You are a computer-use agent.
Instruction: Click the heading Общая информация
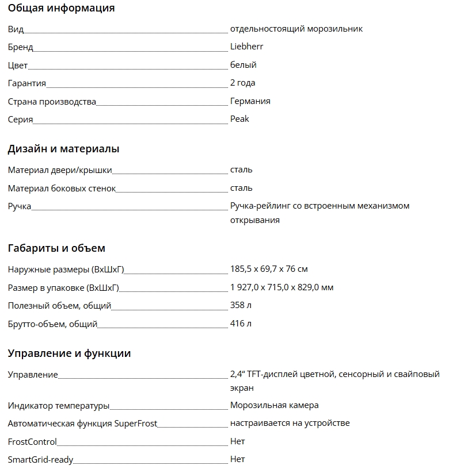[x=61, y=8]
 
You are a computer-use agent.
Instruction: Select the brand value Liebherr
[x=246, y=47]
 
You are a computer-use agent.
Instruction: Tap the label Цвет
[x=18, y=66]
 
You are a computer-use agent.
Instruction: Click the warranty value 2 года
[x=242, y=83]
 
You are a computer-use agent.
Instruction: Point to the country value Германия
[x=250, y=101]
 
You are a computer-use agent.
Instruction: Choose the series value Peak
[x=239, y=119]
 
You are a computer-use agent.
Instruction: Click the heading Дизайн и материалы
[x=63, y=149]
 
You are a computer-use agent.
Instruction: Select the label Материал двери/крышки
[x=60, y=170]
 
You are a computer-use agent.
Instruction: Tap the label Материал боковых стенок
[x=62, y=189]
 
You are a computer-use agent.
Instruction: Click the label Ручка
[x=20, y=206]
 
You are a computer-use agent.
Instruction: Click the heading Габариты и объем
[x=56, y=248]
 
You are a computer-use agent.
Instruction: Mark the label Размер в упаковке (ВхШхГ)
[x=67, y=287]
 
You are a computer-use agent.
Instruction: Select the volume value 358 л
[x=241, y=305]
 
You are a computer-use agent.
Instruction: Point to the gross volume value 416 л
[x=241, y=324]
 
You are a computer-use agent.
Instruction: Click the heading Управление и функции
[x=69, y=353]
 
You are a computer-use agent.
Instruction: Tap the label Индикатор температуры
[x=59, y=406]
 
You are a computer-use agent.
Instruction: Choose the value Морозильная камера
[x=274, y=405]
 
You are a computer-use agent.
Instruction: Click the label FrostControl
[x=32, y=442]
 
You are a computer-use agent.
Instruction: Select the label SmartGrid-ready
[x=40, y=460]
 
